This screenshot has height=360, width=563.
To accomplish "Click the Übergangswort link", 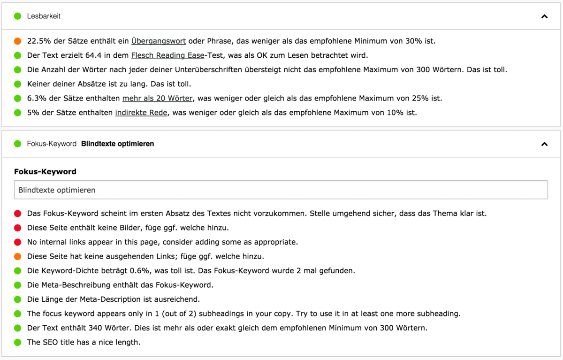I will (159, 41).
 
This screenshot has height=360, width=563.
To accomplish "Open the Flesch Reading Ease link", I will (167, 55).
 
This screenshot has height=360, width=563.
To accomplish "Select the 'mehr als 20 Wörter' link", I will (157, 98).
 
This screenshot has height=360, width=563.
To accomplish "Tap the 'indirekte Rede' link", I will (141, 113).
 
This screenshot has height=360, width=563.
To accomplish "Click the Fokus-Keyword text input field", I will (281, 190).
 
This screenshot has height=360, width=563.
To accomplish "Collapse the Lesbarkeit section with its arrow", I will (544, 16).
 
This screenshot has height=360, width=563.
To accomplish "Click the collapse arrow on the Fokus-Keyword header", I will (544, 144).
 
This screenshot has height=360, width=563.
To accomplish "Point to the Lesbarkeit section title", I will (44, 16).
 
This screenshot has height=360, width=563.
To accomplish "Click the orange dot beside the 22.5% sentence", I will (18, 41).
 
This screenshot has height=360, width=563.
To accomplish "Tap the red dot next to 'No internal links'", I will (18, 242).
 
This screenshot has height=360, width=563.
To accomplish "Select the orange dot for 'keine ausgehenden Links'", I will (18, 257).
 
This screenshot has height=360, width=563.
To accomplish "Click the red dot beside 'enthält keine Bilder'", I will (18, 228).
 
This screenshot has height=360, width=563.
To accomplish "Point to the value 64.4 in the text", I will (93, 55).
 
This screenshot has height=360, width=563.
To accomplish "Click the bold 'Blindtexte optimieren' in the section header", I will (117, 144).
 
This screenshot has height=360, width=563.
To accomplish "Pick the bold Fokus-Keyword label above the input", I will (45, 172).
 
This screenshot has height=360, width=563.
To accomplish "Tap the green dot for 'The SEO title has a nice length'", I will (18, 343).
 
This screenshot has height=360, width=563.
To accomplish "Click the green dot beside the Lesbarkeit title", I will (18, 16).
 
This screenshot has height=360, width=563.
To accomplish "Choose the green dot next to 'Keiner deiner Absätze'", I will (18, 84).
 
